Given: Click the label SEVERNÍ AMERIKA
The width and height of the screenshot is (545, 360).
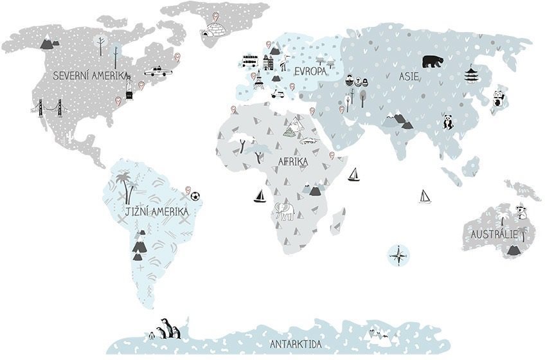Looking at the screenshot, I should (x=90, y=75).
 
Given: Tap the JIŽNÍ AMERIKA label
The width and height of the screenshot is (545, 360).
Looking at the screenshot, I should (x=156, y=211).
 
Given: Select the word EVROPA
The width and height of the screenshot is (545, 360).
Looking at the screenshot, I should (x=310, y=71).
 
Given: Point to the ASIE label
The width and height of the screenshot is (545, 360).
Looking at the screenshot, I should (x=409, y=76).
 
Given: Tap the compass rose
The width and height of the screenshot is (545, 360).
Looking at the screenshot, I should (x=399, y=255).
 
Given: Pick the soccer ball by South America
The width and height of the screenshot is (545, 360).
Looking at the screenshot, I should (x=195, y=195).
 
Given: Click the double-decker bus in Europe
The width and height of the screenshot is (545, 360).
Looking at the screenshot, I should (x=249, y=62).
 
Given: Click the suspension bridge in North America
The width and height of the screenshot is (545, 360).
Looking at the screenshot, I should (x=49, y=109).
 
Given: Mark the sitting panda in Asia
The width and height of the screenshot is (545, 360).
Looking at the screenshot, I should (x=447, y=121).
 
